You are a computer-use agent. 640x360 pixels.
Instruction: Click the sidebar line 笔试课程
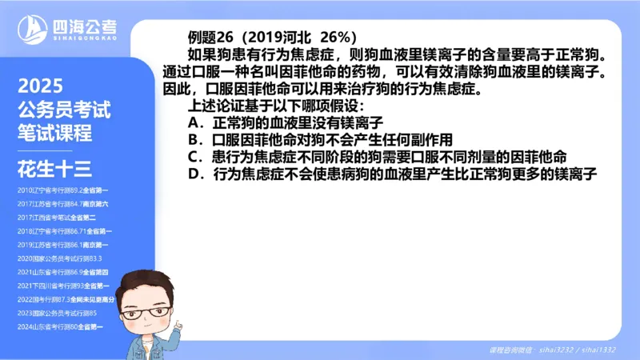(55, 132)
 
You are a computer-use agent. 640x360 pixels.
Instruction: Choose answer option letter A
(193, 123)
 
